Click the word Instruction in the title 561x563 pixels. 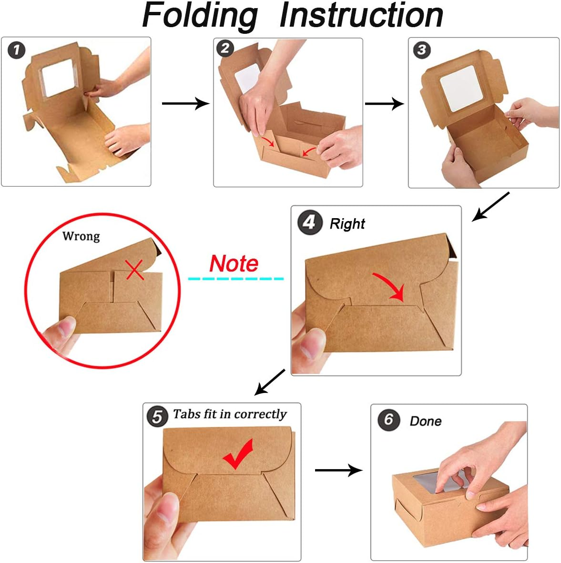[x=361, y=15]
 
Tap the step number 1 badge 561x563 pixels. [x=17, y=50]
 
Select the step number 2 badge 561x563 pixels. [x=225, y=48]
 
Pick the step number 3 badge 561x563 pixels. [x=422, y=50]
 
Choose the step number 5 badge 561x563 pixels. [x=157, y=417]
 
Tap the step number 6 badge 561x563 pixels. [x=389, y=419]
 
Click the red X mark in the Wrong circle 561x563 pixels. [x=135, y=270]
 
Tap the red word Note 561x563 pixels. [x=234, y=263]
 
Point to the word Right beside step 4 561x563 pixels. [x=347, y=224]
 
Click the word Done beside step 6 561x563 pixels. [x=426, y=421]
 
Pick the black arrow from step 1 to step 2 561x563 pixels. [x=186, y=103]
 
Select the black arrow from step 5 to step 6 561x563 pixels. [x=339, y=470]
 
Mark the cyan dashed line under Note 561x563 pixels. [x=236, y=279]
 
